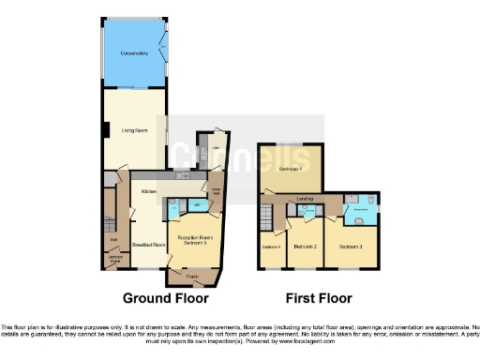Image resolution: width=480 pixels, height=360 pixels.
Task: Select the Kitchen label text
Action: click(x=148, y=191)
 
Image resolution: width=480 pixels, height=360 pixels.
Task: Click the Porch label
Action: click(x=191, y=277)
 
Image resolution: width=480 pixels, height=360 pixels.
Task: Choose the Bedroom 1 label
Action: click(x=291, y=169)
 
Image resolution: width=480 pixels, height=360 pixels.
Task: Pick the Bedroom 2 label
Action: click(x=304, y=247)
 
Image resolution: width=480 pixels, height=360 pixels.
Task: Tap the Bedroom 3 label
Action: click(x=350, y=247)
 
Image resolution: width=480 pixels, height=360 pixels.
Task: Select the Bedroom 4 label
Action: click(x=271, y=247)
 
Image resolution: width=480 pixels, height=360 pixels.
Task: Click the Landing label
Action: click(x=305, y=199)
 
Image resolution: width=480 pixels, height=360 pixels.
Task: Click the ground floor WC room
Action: click(x=197, y=205)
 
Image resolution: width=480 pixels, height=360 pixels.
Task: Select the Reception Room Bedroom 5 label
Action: click(x=191, y=241)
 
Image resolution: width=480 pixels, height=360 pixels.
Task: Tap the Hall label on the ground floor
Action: click(x=111, y=240)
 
